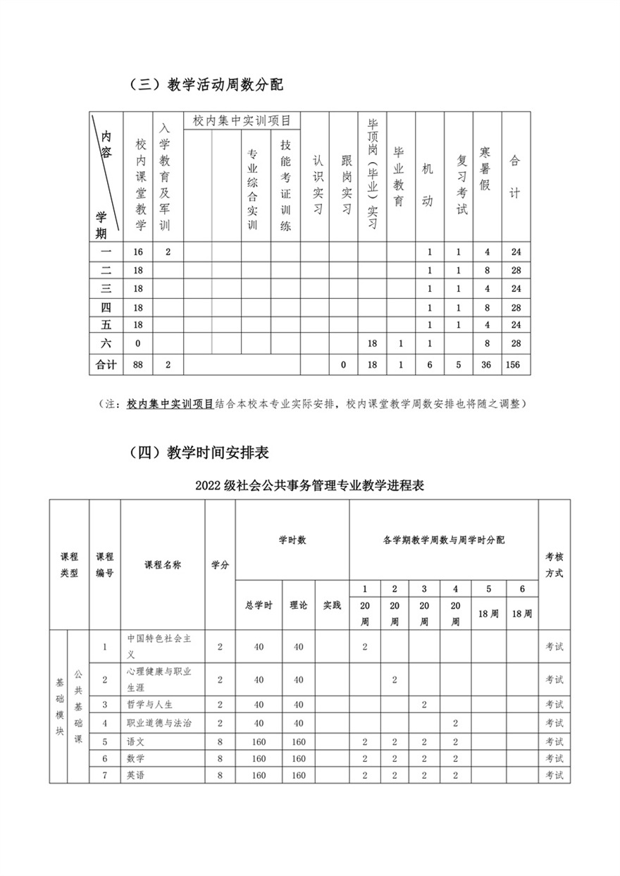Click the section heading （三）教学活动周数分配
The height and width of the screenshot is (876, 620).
(x=206, y=85)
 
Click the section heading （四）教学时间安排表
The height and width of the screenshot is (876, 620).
(x=199, y=452)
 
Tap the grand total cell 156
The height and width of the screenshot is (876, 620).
(x=516, y=365)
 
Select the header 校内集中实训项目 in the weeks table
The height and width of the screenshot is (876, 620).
(x=242, y=121)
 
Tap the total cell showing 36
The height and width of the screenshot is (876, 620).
(x=485, y=365)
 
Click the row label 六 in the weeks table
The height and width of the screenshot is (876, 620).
(x=106, y=343)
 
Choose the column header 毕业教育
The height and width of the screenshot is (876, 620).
(x=399, y=177)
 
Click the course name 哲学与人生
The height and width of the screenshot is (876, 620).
(x=149, y=705)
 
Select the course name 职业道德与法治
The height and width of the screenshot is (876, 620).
(x=159, y=723)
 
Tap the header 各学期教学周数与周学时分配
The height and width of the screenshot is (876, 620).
(x=443, y=540)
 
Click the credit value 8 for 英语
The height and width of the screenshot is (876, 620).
(x=220, y=775)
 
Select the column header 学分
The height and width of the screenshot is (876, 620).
(x=220, y=565)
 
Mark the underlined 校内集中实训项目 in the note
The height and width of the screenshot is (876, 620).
(x=170, y=405)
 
